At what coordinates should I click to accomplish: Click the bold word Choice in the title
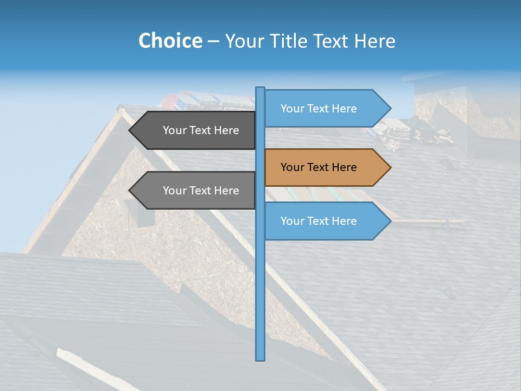pyautogui.click(x=170, y=41)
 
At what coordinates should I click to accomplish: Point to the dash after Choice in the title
pyautogui.click(x=213, y=41)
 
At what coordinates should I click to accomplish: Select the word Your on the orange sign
pyautogui.click(x=293, y=167)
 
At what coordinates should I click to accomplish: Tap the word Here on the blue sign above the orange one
pyautogui.click(x=344, y=109)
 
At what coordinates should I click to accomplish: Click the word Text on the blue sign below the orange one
pyautogui.click(x=319, y=221)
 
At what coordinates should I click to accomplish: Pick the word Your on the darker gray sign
pyautogui.click(x=175, y=130)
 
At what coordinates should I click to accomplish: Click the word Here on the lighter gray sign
pyautogui.click(x=226, y=191)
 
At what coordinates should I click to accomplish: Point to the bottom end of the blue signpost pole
pyautogui.click(x=260, y=359)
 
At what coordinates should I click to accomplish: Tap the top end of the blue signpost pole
pyautogui.click(x=260, y=89)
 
